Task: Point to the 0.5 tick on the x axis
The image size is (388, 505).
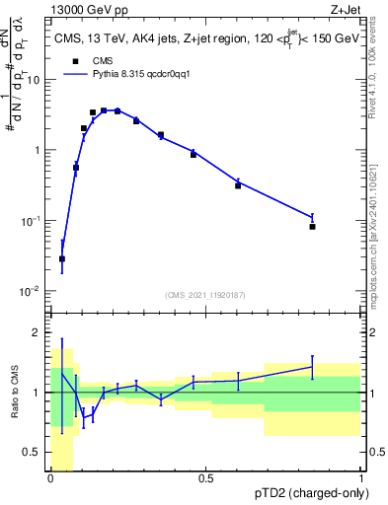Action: [x=206, y=478]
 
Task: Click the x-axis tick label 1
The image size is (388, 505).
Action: [x=360, y=478]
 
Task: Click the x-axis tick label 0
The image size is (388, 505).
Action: [x=51, y=478]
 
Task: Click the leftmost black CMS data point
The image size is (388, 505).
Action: [x=62, y=258]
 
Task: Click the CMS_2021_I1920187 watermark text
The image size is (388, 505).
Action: [x=205, y=295]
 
